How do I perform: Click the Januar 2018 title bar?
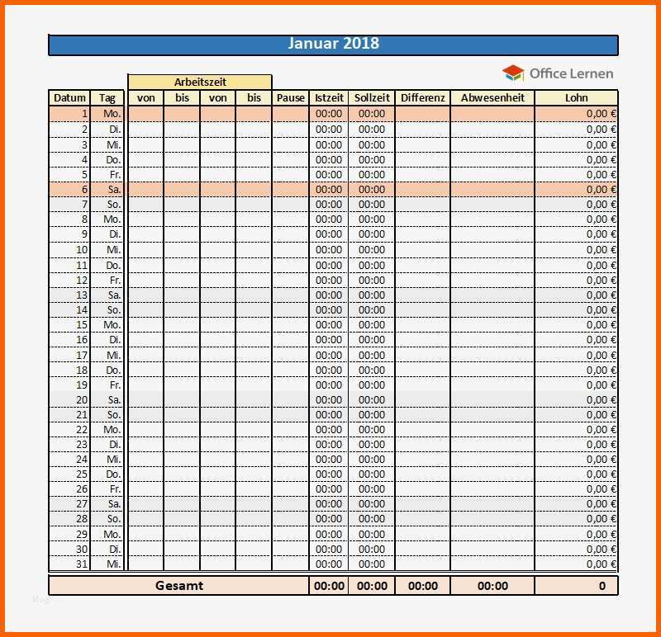333,45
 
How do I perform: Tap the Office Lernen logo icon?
513,73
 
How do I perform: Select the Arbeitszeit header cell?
200,82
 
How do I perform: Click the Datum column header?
69,97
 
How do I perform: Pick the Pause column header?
291,97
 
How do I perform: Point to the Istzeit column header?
329,97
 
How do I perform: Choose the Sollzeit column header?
372,97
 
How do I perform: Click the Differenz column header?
423,97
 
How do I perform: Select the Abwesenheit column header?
492,97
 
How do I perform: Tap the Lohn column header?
577,97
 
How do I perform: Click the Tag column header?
107,97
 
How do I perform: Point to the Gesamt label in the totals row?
178,586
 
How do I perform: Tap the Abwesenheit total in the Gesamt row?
492,586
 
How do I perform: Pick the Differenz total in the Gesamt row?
423,586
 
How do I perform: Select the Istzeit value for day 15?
329,324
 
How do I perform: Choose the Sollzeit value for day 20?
372,399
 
